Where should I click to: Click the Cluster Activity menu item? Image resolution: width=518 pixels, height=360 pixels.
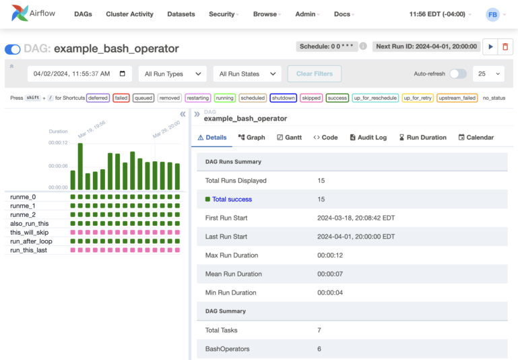click(129, 13)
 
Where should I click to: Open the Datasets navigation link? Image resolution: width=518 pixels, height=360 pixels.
click(181, 13)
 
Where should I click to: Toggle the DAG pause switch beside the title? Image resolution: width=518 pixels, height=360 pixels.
click(12, 49)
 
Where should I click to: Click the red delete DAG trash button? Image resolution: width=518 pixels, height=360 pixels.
click(506, 47)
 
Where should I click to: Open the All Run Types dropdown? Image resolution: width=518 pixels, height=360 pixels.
click(172, 73)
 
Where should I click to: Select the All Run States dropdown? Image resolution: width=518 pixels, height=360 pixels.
click(247, 73)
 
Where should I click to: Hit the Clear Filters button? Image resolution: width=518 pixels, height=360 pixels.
click(314, 73)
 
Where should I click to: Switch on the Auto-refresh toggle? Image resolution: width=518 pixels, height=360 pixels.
click(457, 73)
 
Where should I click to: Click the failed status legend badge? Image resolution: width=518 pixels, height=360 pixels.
click(121, 98)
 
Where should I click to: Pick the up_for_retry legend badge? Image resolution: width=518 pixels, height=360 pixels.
click(418, 98)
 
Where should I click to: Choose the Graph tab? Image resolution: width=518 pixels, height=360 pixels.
click(251, 137)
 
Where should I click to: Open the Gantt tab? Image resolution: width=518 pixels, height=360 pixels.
click(289, 137)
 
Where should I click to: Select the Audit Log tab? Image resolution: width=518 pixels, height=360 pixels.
click(368, 137)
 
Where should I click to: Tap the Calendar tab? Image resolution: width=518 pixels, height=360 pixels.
click(476, 137)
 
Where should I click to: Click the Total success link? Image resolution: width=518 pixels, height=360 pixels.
click(232, 200)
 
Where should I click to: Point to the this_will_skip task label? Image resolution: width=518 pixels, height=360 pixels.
click(29, 233)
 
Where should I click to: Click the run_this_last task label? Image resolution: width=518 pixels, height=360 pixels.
click(28, 250)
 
